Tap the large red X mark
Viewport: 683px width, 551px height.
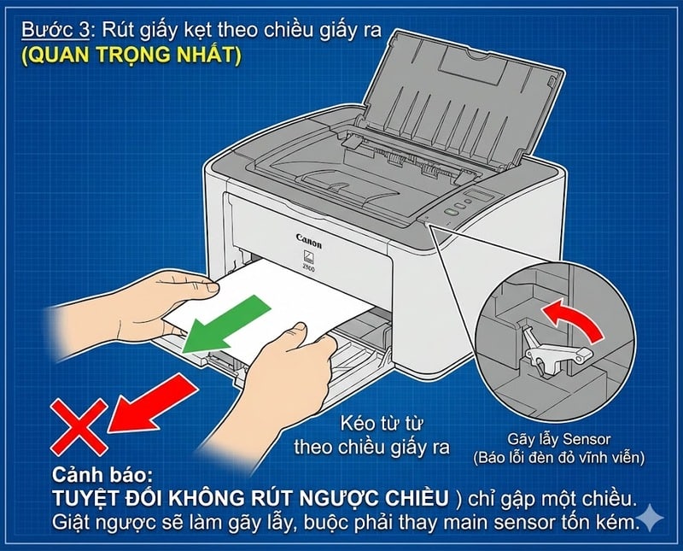(x=78, y=426)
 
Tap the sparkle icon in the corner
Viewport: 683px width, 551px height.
(x=651, y=518)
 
